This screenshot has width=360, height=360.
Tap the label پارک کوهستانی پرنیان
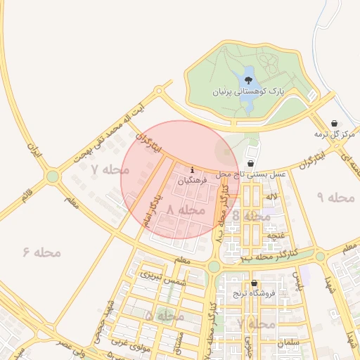240,92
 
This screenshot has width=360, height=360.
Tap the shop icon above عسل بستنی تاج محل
251,162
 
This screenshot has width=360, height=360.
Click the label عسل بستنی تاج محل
251,174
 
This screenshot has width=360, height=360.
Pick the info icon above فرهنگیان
193,169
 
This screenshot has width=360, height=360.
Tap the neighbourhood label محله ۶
42,251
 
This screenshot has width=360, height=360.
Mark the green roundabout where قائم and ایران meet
52,176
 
